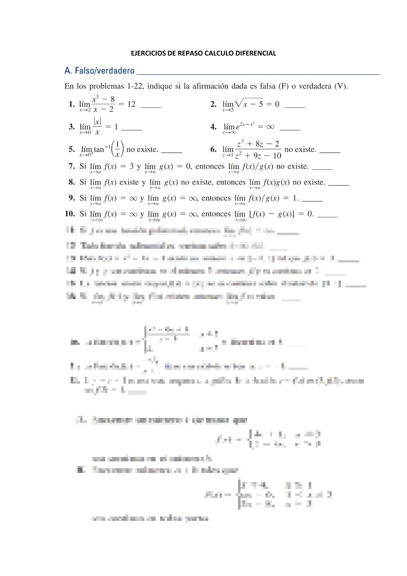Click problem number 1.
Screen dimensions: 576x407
click(x=71, y=104)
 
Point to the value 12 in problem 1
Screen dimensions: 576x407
click(x=131, y=104)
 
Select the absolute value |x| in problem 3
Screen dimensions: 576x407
click(x=97, y=121)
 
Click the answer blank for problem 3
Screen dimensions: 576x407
click(x=132, y=129)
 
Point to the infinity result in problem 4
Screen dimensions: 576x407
click(x=270, y=127)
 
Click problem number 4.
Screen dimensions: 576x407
click(x=213, y=127)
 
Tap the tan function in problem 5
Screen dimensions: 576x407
click(x=99, y=150)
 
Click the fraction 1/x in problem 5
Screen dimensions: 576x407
click(x=118, y=149)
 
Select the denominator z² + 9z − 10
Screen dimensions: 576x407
click(x=258, y=156)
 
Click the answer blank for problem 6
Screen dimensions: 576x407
click(x=330, y=152)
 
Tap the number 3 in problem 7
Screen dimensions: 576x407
click(x=132, y=166)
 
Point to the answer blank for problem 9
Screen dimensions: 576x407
click(x=312, y=200)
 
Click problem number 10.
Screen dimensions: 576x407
click(x=69, y=214)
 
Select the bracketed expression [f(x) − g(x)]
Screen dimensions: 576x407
click(x=272, y=214)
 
